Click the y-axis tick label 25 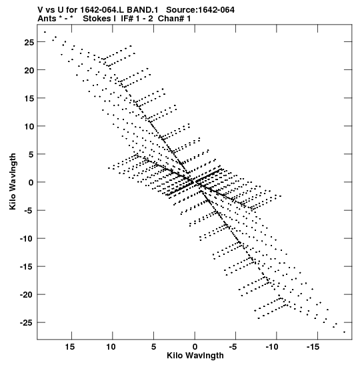tap(29, 42)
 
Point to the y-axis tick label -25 tap(27, 323)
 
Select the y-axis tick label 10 tap(29, 126)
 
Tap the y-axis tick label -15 tap(27, 266)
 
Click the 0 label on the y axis tap(31, 183)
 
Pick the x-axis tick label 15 tap(70, 347)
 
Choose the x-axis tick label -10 tap(272, 347)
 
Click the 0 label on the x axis tap(195, 347)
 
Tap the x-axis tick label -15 tap(313, 347)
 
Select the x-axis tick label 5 tap(153, 347)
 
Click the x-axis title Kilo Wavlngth tap(195, 356)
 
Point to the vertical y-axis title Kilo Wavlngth tap(13, 181)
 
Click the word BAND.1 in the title tap(143, 10)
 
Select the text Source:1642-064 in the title tap(200, 10)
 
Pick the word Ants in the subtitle tap(47, 19)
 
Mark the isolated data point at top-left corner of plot tap(45, 32)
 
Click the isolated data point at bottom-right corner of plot tap(345, 332)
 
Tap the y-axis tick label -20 tap(27, 295)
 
